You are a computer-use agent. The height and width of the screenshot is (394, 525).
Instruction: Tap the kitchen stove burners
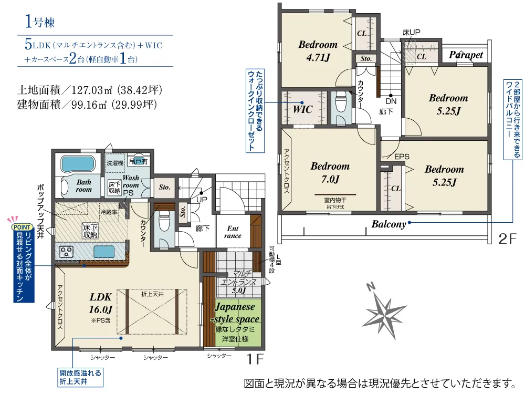[66, 252]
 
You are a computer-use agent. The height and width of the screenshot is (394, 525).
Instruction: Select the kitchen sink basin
[104, 252]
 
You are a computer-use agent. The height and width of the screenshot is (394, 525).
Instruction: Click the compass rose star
[384, 312]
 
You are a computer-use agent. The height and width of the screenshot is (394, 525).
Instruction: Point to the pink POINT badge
[22, 227]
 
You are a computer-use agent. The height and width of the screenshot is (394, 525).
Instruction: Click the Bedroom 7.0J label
[330, 172]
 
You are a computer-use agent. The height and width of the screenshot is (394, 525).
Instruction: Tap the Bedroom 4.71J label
[318, 51]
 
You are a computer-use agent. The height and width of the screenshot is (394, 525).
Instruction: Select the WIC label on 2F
[303, 109]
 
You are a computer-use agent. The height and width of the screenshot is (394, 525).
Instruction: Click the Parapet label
[466, 55]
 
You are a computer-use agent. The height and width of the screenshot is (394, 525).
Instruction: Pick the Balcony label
[388, 224]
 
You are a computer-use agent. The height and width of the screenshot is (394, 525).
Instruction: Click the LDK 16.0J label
[100, 303]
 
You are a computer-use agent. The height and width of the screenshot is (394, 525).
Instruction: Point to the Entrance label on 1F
[233, 232]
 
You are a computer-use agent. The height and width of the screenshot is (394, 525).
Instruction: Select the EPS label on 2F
[402, 157]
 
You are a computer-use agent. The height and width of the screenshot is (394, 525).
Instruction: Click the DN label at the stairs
[391, 101]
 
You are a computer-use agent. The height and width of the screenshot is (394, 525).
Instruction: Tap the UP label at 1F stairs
[202, 200]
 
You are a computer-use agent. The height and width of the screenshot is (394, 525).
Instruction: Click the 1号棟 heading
[39, 22]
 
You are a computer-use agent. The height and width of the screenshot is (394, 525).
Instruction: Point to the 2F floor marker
[508, 239]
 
